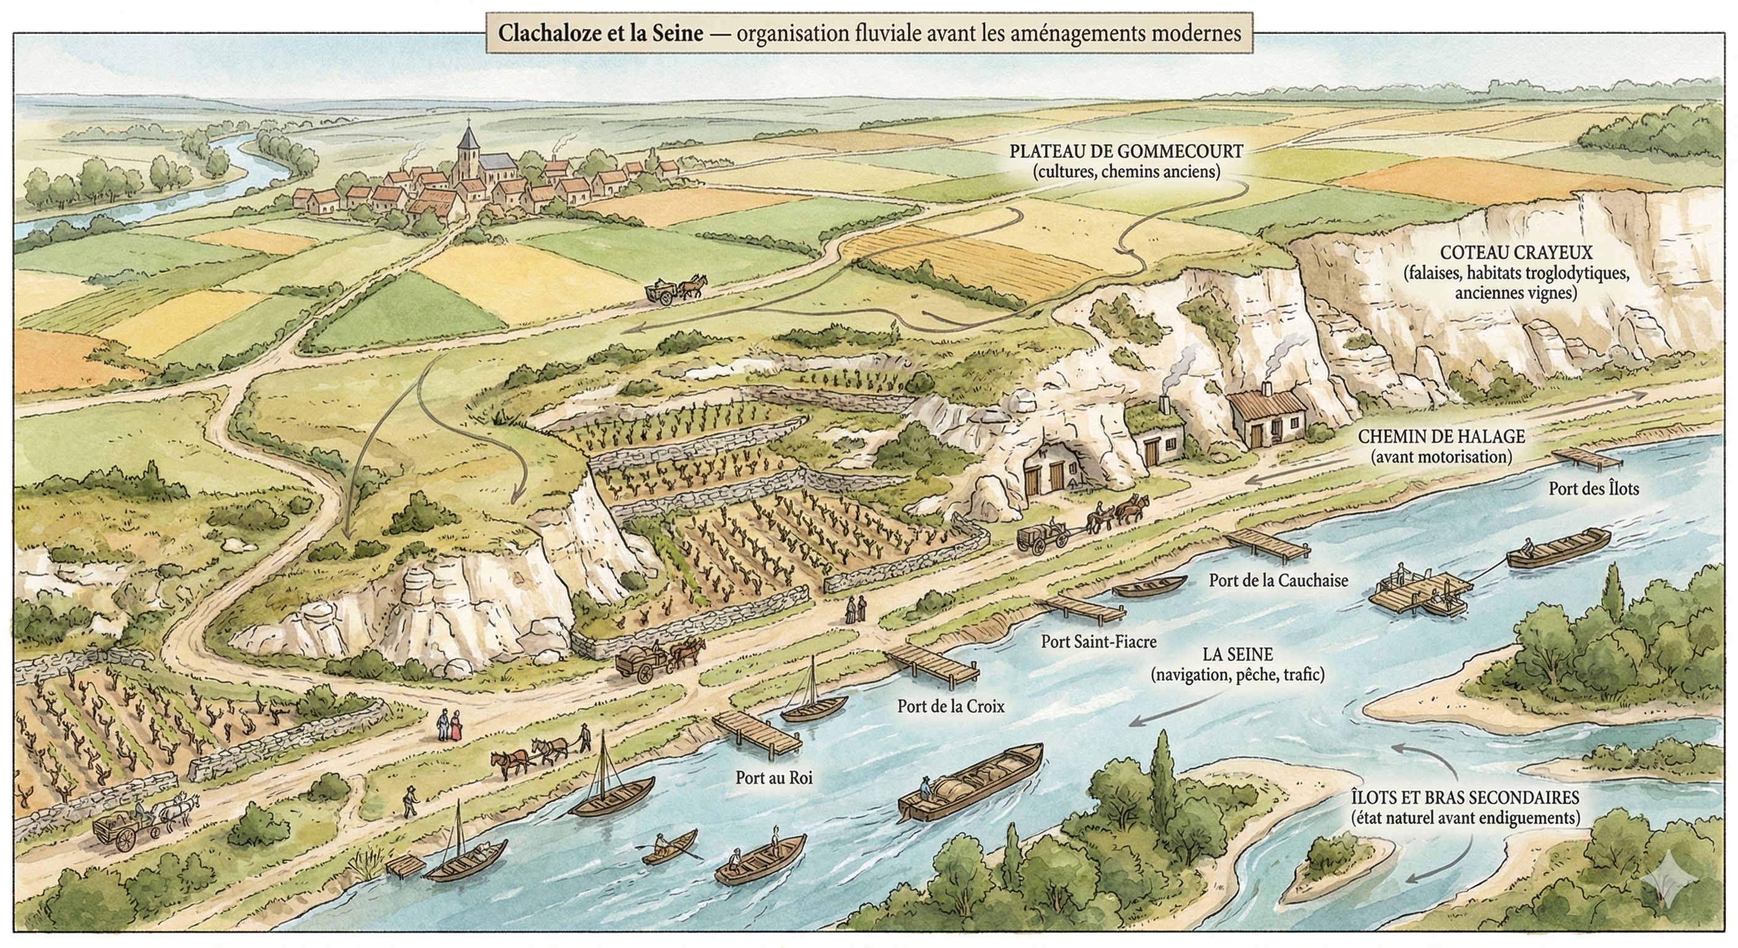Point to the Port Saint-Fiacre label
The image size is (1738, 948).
pyautogui.click(x=1099, y=641)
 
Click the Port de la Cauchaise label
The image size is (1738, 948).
pyautogui.click(x=1279, y=580)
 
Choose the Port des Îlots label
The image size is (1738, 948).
pyautogui.click(x=1594, y=489)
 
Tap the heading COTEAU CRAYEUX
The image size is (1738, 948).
pyautogui.click(x=1516, y=252)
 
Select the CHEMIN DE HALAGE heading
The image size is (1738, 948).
pyautogui.click(x=1441, y=437)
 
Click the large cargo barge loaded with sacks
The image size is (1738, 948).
pyautogui.click(x=971, y=781)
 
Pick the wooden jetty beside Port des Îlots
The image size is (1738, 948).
pyautogui.click(x=1587, y=458)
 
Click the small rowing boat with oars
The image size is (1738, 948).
pyautogui.click(x=669, y=847)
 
